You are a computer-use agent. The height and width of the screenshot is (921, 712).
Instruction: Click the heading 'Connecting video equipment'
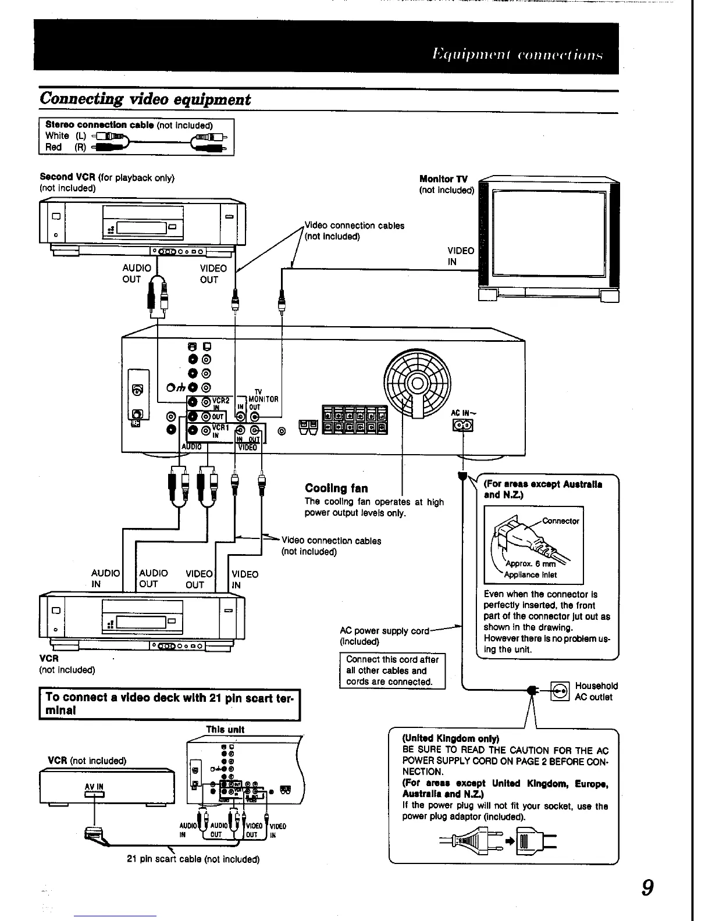click(145, 99)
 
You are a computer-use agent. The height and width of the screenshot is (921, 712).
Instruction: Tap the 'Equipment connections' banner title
click(517, 55)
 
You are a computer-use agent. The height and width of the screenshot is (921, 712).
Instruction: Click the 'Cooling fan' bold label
click(336, 488)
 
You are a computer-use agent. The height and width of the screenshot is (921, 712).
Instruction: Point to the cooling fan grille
click(417, 383)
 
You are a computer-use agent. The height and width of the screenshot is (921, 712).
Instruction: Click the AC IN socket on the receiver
click(463, 426)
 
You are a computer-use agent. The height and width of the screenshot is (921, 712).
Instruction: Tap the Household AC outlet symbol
click(560, 691)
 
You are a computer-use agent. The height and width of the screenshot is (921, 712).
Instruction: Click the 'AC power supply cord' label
click(384, 631)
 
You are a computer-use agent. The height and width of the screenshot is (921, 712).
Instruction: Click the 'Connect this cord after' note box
click(392, 670)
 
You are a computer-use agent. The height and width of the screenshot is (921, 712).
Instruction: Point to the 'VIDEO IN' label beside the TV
click(460, 256)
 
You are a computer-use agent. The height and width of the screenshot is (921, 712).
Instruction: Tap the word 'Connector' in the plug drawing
click(561, 521)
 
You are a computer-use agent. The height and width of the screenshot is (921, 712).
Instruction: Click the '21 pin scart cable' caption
click(193, 859)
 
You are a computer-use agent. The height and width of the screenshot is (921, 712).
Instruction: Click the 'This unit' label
click(225, 729)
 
